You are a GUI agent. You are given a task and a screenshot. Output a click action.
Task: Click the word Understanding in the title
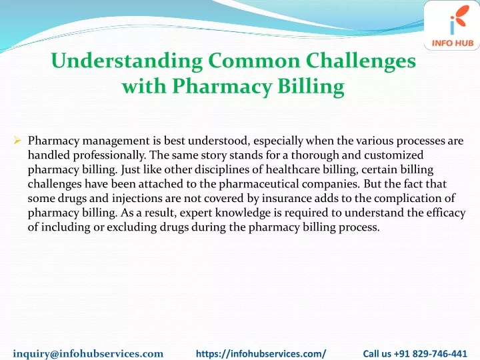click(127, 61)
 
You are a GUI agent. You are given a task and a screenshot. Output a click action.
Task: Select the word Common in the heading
click(254, 60)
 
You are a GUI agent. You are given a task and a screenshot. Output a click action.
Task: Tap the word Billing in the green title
click(311, 87)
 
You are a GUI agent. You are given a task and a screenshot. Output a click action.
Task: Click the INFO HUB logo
click(452, 26)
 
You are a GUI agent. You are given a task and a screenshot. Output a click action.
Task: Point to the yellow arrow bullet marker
click(17, 141)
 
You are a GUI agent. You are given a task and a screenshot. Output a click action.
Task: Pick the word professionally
click(109, 155)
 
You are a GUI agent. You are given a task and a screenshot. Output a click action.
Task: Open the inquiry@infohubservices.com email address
click(88, 354)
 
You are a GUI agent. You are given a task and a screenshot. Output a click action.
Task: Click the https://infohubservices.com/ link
click(261, 354)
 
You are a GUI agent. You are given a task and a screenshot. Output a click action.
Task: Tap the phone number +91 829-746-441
click(431, 353)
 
